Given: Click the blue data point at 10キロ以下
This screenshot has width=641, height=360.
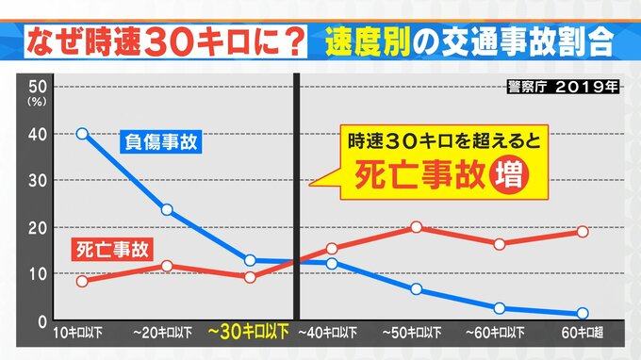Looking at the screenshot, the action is pyautogui.click(x=82, y=134).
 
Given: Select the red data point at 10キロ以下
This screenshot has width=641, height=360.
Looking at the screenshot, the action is pyautogui.click(x=82, y=281).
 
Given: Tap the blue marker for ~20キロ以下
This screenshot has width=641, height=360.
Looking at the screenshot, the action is pyautogui.click(x=167, y=210).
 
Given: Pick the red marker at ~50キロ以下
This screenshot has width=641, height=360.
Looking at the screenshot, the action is pyautogui.click(x=416, y=227).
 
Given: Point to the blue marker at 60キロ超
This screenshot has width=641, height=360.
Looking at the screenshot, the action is pyautogui.click(x=583, y=314).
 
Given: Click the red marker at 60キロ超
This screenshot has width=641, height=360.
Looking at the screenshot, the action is pyautogui.click(x=583, y=232).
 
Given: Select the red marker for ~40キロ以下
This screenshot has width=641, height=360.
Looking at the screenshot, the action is pyautogui.click(x=332, y=249).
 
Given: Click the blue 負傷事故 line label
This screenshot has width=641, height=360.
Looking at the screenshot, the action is pyautogui.click(x=161, y=141).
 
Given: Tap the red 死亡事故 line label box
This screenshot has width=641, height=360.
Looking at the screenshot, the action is pyautogui.click(x=112, y=249).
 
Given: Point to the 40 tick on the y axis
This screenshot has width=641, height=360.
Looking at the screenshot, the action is pyautogui.click(x=38, y=135).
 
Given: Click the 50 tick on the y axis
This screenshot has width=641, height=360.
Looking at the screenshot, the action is pyautogui.click(x=38, y=87).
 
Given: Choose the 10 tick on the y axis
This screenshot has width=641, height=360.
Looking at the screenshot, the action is pyautogui.click(x=38, y=274).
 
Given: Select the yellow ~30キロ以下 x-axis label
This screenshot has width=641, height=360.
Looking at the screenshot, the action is pyautogui.click(x=249, y=332).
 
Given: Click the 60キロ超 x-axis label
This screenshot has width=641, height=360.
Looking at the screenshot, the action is pyautogui.click(x=583, y=333).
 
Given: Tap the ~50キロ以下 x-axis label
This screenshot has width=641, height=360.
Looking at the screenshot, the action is pyautogui.click(x=412, y=333).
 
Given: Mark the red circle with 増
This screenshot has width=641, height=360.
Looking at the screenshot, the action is pyautogui.click(x=509, y=175).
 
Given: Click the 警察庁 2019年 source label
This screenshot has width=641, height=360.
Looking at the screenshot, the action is pyautogui.click(x=564, y=87).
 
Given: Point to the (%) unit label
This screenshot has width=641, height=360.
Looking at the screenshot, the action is pyautogui.click(x=37, y=102).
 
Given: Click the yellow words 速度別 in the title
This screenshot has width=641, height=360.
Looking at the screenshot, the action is pyautogui.click(x=368, y=41).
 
